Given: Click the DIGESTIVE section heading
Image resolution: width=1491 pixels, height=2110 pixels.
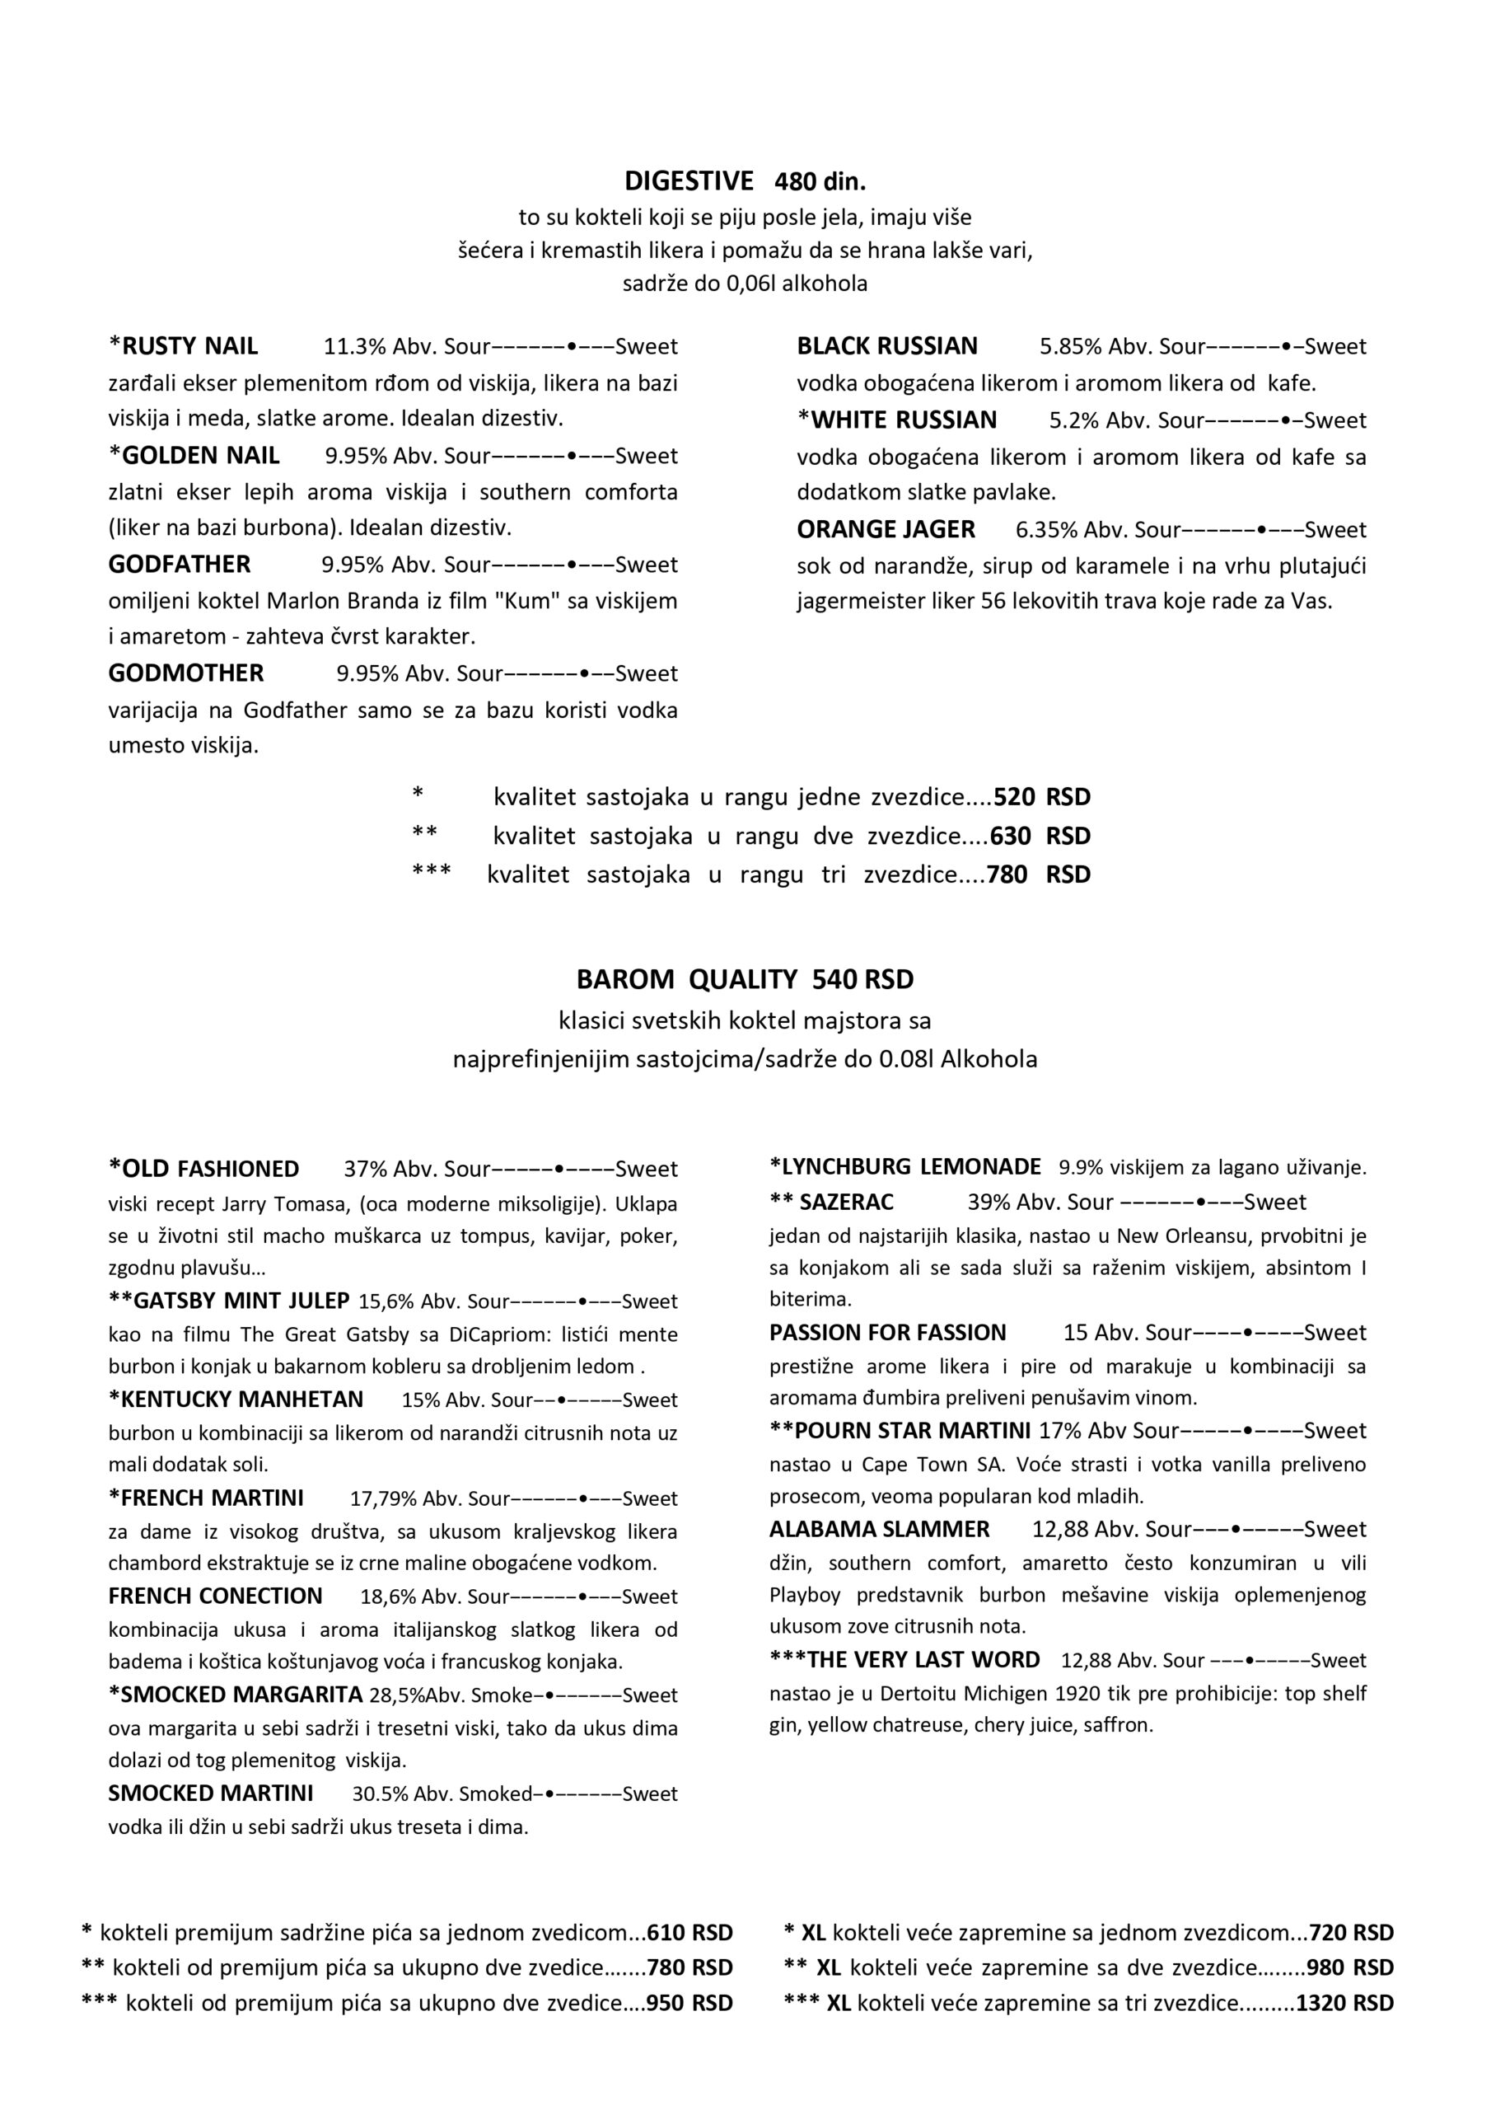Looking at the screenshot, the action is [689, 181].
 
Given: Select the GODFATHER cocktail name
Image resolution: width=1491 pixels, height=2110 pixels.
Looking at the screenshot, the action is [179, 565].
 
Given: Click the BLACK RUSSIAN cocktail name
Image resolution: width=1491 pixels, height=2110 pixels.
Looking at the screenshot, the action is [886, 346].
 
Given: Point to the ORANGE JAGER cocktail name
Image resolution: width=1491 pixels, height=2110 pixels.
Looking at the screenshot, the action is [886, 529].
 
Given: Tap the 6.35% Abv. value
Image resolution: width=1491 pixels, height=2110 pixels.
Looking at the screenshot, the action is [1072, 530].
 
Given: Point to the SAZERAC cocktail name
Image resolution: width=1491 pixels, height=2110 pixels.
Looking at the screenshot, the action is [846, 1202].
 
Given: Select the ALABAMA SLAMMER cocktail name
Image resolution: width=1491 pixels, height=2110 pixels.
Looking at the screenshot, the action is [879, 1529].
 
